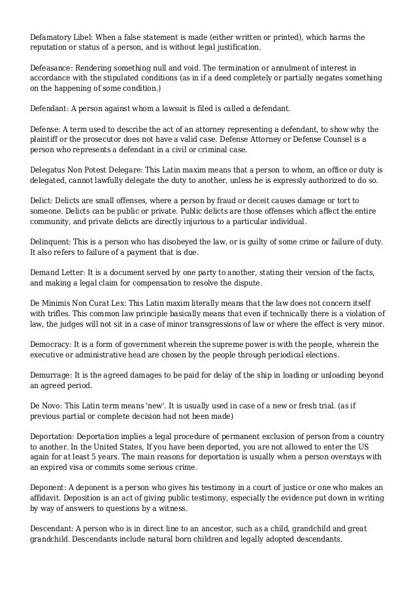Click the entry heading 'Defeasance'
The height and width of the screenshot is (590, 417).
[x=51, y=68]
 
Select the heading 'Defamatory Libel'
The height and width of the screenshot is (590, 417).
[x=60, y=37]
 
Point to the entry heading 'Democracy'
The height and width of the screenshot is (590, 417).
[x=50, y=344]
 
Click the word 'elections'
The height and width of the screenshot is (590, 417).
[x=318, y=355]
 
